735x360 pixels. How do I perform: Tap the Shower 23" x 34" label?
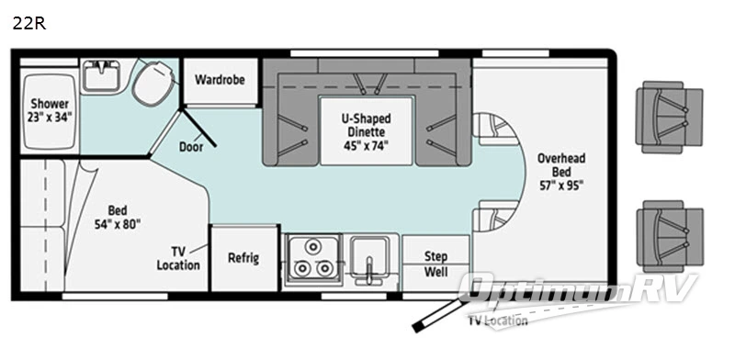pos(50,110)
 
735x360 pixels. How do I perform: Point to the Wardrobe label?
pos(220,79)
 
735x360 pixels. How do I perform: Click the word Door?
pos(191,146)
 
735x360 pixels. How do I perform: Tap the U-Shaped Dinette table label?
pos(366,130)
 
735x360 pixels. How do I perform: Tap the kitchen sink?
pos(371,258)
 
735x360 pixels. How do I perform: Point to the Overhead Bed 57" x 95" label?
pos(560,171)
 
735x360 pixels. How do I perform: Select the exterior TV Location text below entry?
pos(497,321)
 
